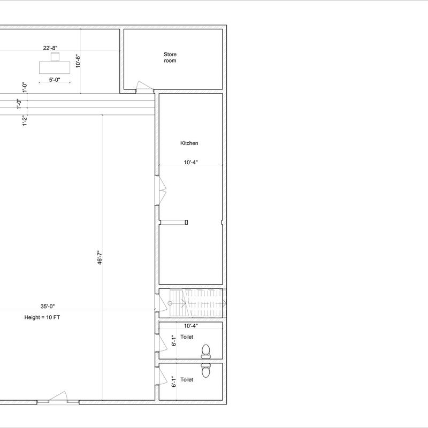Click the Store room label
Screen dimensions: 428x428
click(170, 58)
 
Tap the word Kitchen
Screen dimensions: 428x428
click(189, 143)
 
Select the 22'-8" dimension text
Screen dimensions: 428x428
click(50, 48)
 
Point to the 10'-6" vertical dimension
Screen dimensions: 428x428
click(78, 61)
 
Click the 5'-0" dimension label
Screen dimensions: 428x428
click(55, 80)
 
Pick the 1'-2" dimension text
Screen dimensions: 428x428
click(25, 120)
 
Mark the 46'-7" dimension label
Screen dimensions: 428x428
click(100, 257)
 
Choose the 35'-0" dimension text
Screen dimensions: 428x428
click(48, 306)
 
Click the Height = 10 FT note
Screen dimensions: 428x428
click(42, 317)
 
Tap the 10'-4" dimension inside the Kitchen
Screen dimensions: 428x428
click(190, 162)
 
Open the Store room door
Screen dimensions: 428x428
click(144, 87)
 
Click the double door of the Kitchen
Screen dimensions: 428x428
click(161, 190)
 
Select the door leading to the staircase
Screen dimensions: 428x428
click(161, 303)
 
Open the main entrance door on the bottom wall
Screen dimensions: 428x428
click(58, 398)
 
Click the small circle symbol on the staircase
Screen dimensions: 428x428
click(170, 303)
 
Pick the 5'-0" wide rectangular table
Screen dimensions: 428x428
click(55, 67)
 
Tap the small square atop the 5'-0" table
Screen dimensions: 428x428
click(55, 57)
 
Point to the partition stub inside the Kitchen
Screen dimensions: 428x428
click(173, 223)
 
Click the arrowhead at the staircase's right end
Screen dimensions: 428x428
click(225, 303)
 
